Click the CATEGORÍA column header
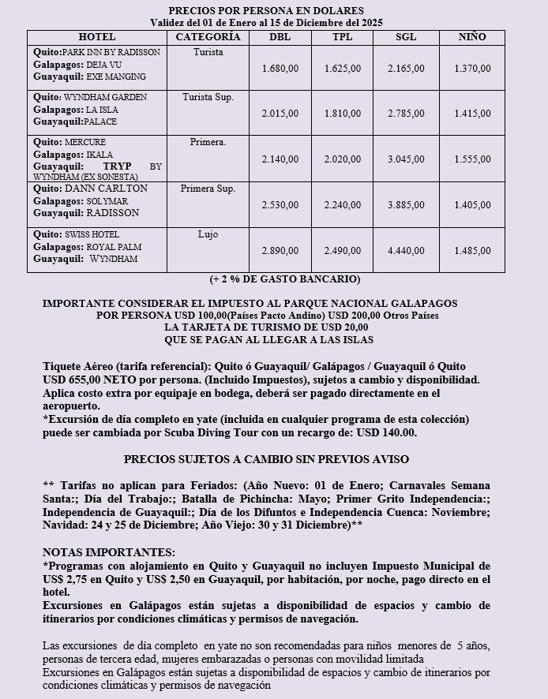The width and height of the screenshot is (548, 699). (208, 37)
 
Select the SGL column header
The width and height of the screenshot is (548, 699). (406, 37)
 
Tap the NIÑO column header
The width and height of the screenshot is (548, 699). (472, 37)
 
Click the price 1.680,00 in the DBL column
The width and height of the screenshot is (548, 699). (280, 69)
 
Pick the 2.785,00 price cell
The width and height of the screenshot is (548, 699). (406, 114)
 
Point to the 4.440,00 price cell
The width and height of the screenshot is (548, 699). (406, 251)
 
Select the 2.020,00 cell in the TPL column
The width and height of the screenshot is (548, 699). (343, 159)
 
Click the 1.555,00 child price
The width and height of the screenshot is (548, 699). (472, 159)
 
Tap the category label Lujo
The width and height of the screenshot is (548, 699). (208, 235)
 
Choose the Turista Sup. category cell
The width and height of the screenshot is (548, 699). (208, 97)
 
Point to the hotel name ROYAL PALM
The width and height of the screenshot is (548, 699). (114, 247)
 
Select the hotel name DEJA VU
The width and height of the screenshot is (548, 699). (105, 65)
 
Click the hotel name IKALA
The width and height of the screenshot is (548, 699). (99, 155)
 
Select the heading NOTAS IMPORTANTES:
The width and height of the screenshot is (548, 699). (109, 553)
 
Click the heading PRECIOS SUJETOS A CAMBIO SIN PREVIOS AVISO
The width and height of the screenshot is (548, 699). (266, 459)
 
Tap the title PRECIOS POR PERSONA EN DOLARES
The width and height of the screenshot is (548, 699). (266, 10)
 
